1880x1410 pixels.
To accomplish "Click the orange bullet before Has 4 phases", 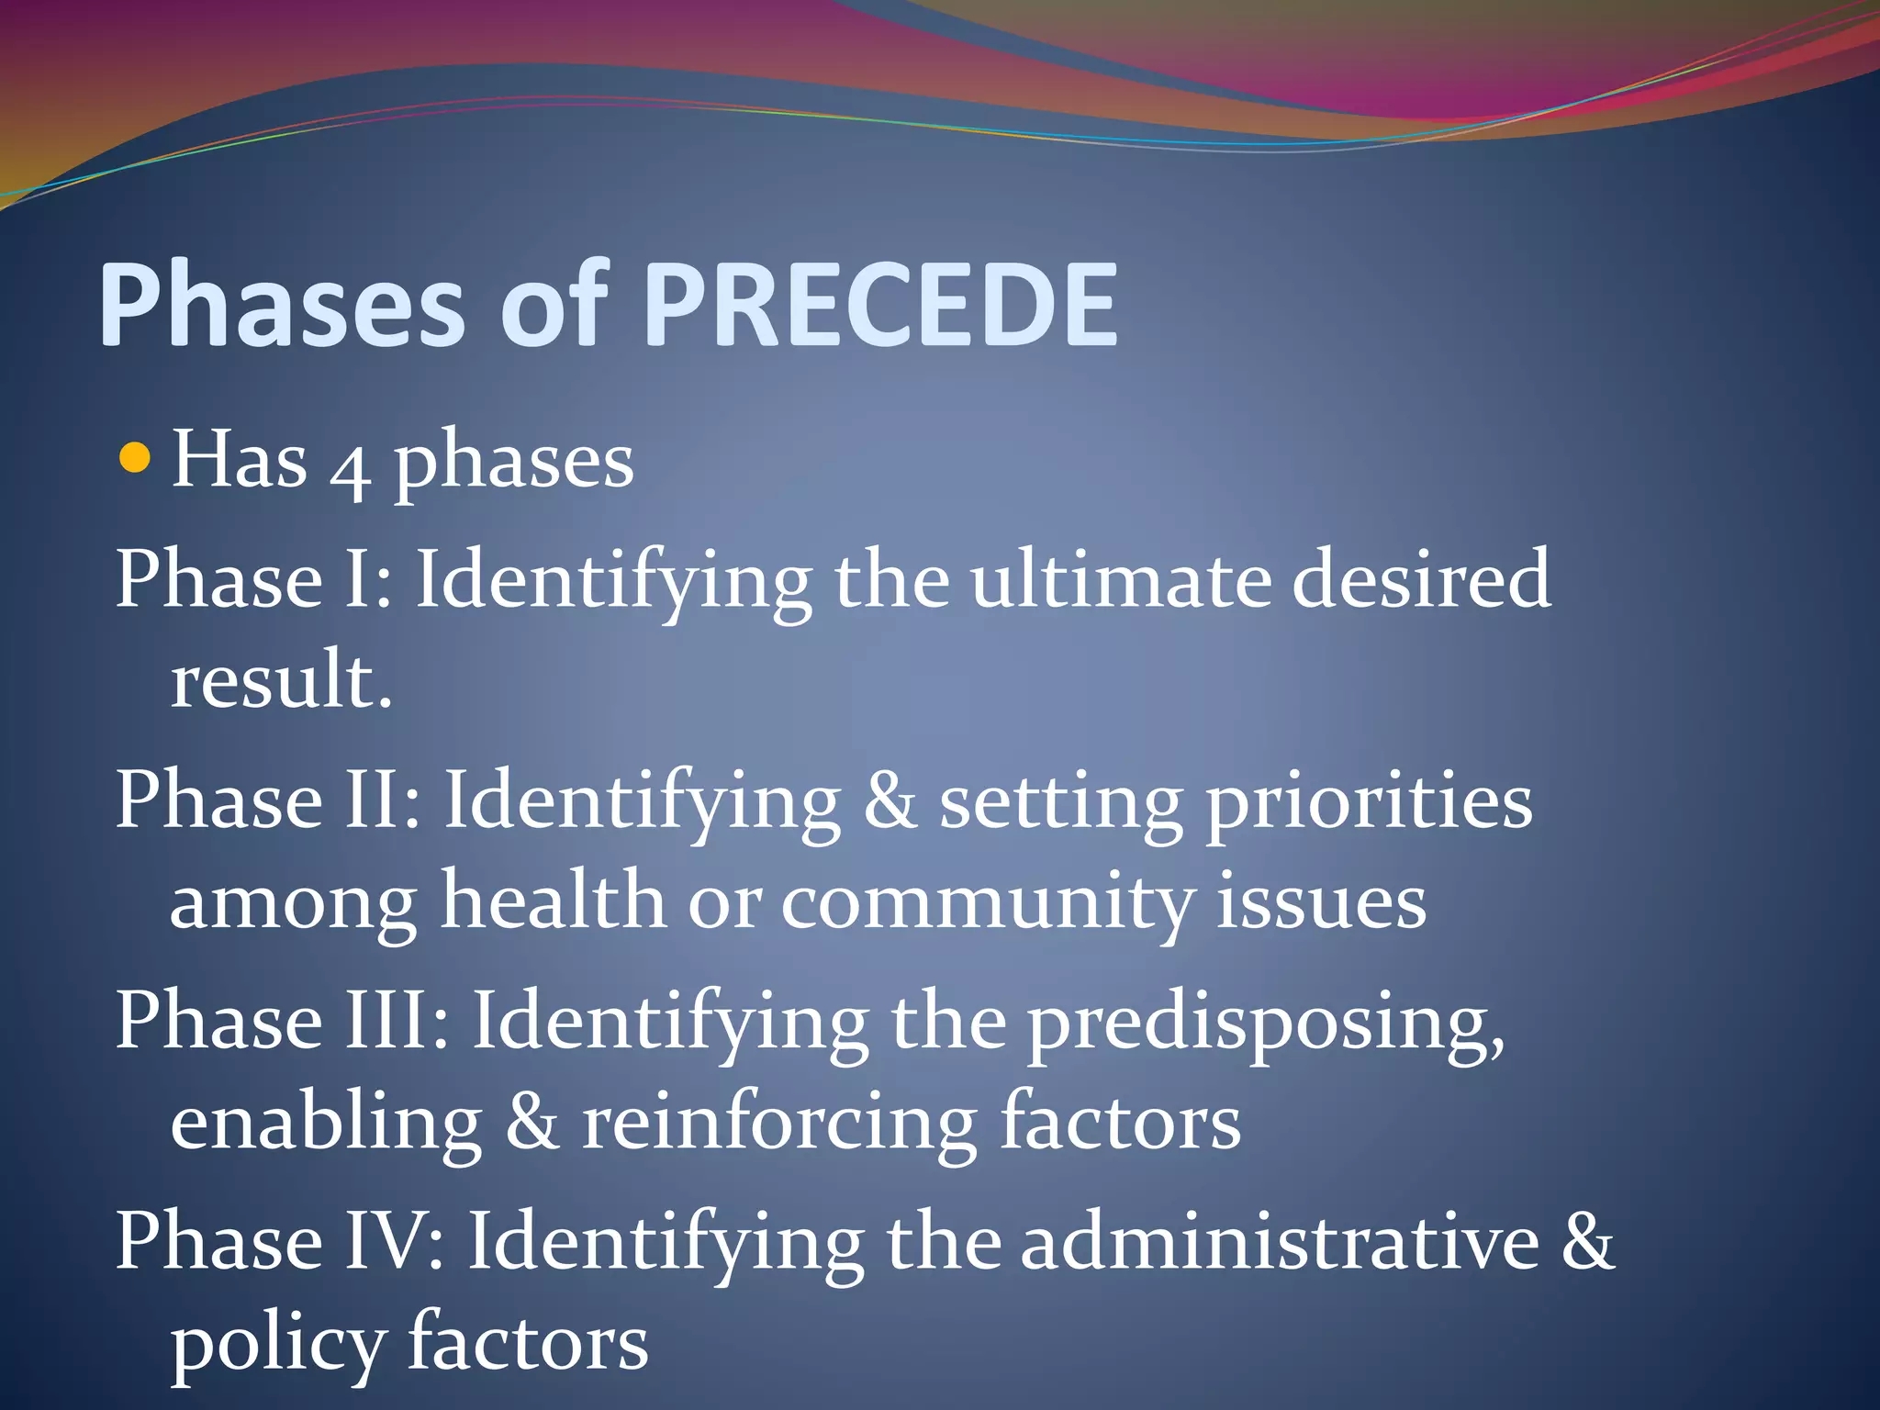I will [135, 457].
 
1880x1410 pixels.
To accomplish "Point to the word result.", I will [281, 680].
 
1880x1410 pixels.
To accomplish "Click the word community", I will [988, 905].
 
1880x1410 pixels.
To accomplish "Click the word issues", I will [1322, 903].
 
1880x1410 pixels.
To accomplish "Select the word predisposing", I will [1266, 1026].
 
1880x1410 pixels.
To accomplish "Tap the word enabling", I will [326, 1125].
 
